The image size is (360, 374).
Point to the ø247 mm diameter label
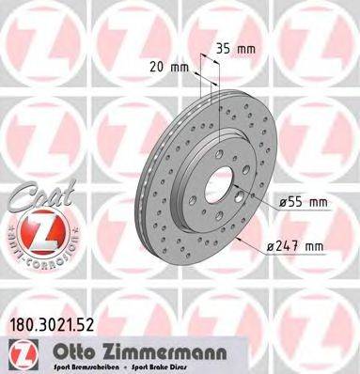pos(296,246)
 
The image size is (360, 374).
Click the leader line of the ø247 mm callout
pos(250,242)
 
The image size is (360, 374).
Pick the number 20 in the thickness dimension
pos(160,67)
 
